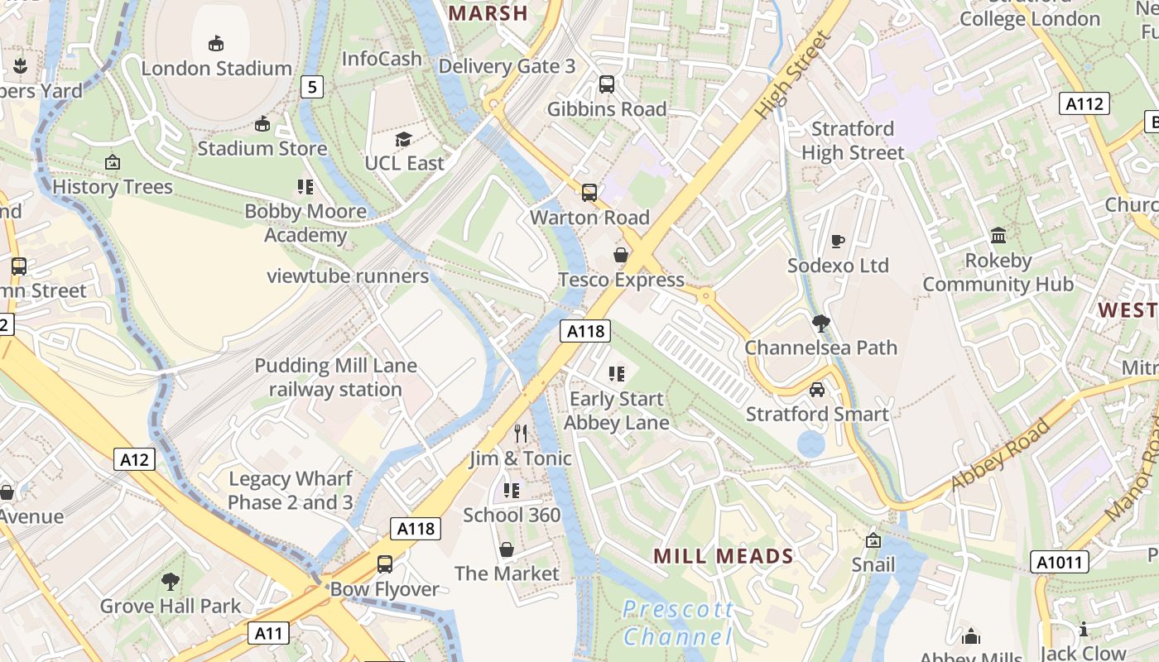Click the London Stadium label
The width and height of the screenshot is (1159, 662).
[216, 68]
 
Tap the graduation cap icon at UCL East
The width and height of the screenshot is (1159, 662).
[403, 139]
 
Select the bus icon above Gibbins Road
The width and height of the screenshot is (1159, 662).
[607, 84]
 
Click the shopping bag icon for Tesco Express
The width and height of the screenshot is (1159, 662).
[621, 255]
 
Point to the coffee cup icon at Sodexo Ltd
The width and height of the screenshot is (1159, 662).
[838, 242]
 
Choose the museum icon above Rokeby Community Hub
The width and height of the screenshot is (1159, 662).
[998, 236]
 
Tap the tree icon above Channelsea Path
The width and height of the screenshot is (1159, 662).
[820, 323]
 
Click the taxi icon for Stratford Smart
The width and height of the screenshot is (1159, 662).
[817, 390]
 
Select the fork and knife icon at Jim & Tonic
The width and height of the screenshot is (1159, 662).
[521, 433]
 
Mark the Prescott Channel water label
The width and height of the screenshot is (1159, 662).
[677, 623]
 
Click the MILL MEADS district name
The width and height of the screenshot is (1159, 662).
[724, 556]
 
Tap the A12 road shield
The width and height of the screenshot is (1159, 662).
[134, 459]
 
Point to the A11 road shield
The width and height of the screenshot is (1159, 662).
[269, 634]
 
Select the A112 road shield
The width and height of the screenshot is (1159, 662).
[1084, 103]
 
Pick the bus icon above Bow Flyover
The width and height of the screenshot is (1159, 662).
[385, 564]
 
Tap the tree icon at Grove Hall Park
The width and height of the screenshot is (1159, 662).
[171, 581]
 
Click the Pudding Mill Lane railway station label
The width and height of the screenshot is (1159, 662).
[335, 377]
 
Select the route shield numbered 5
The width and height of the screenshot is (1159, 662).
[311, 86]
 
